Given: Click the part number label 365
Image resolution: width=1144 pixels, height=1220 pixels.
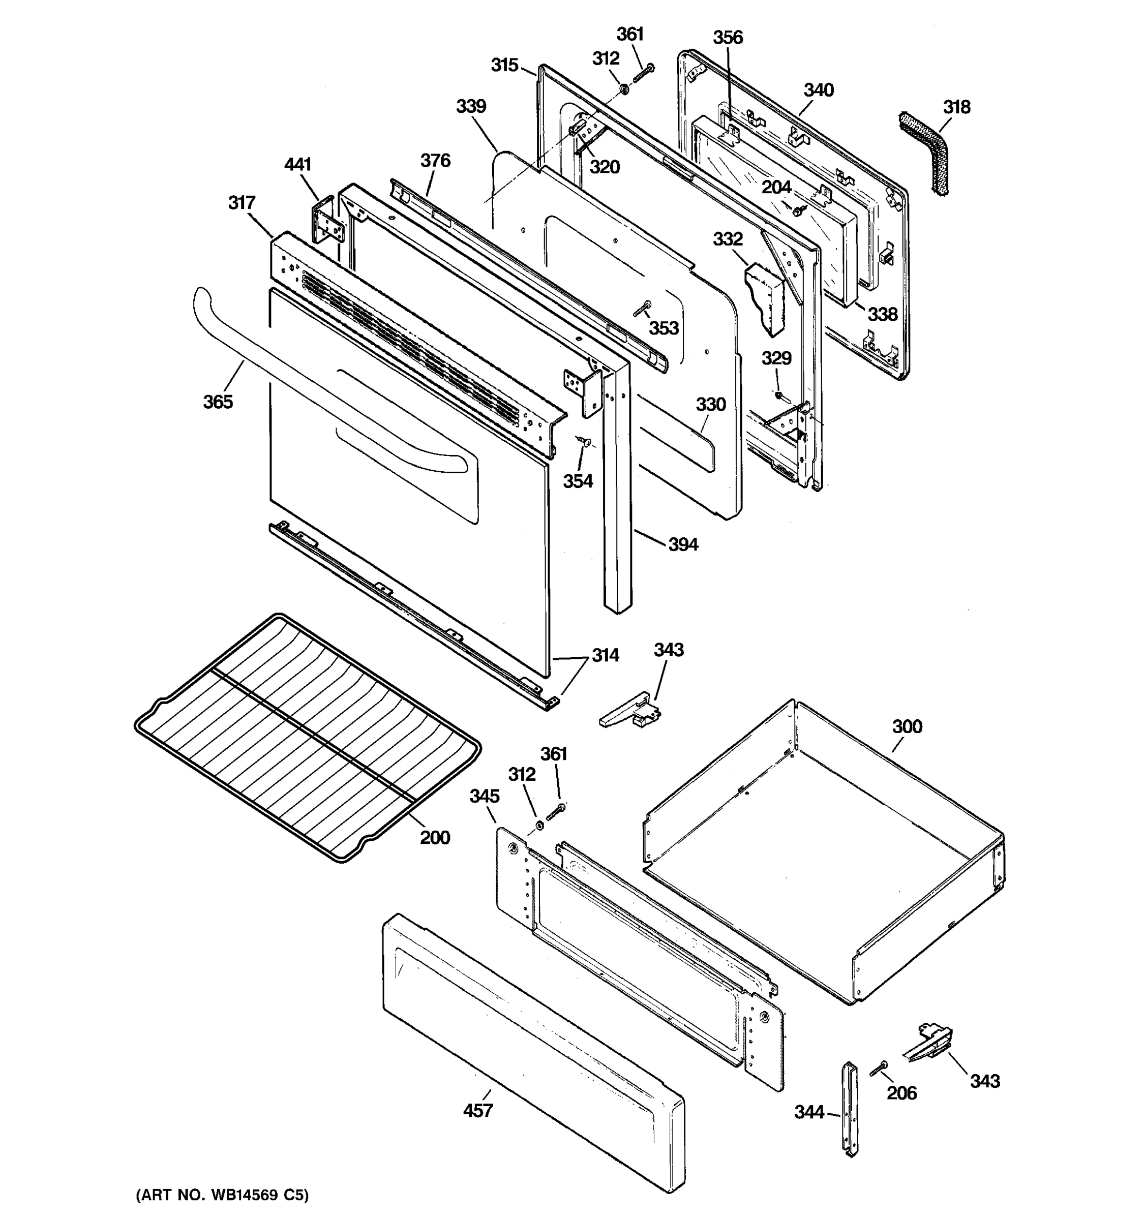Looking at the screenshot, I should point(218,402).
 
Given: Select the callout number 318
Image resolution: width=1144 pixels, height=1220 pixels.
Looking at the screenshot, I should point(956,107).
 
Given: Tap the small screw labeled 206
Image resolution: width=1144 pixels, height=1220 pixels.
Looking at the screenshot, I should point(880,1069).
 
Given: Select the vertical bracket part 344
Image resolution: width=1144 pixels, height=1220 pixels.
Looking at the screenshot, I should point(850,1110).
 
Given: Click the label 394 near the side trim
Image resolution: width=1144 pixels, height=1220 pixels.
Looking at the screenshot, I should point(682,544).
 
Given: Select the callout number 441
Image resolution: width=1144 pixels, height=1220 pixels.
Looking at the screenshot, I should point(297,165).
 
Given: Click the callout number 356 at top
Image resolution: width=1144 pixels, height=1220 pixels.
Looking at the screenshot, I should point(728,38).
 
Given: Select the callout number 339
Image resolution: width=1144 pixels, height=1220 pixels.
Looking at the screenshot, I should point(471,106).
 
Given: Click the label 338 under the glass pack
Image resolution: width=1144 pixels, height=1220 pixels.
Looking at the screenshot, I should point(882,314).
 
